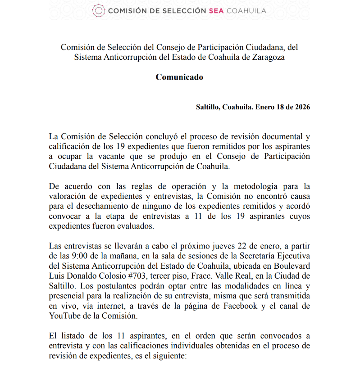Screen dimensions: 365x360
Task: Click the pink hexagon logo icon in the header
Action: click(x=98, y=10)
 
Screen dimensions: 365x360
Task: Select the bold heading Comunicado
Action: click(x=179, y=77)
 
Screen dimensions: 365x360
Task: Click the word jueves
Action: click(x=214, y=246)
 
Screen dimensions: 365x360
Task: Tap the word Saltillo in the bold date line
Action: click(x=207, y=107)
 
